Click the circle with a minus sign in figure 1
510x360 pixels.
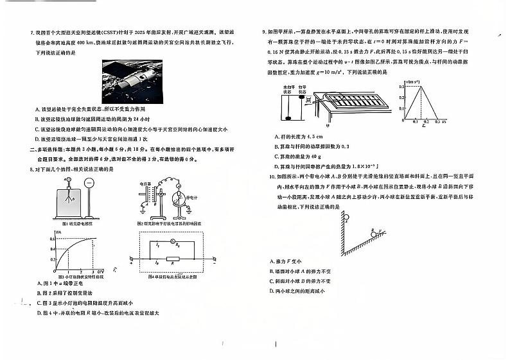(x=89, y=182)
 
